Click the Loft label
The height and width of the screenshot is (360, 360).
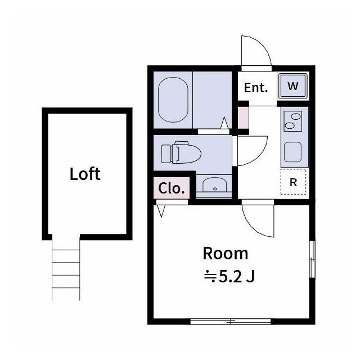pos(85,174)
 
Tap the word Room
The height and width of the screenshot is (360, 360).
pos(226,254)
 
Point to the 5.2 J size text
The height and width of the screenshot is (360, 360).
pos(237,277)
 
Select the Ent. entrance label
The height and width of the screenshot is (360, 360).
pos(256,88)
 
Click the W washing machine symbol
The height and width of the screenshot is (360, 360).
pos(292,86)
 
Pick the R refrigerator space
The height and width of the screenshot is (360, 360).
pos(293,182)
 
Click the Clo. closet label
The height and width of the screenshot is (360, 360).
pos(171,188)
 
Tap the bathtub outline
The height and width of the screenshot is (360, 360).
pos(173,100)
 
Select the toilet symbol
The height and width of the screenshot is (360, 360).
pos(181,152)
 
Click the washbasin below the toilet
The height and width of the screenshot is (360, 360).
pos(214,184)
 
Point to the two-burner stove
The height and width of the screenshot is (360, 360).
pos(292,121)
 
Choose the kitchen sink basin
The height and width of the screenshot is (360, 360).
pos(292,152)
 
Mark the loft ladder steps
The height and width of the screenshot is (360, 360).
pos(66,268)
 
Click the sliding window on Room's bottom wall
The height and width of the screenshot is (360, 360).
pos(231,321)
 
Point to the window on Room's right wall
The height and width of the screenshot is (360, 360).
pos(312,259)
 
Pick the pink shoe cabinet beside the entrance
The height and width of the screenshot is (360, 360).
pos(243,118)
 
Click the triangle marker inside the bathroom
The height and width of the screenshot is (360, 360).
pos(224,123)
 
